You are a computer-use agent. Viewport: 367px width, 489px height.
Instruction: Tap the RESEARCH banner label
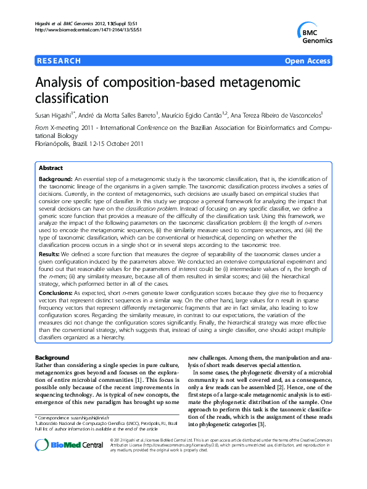59,61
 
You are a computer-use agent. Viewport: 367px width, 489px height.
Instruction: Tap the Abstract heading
51,168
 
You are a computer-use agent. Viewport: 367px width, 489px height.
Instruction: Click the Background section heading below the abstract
52,357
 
